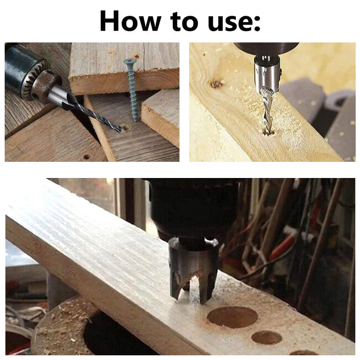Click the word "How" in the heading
click(130, 22)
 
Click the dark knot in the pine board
click(217, 84)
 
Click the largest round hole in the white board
click(232, 317)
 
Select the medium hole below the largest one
click(266, 337)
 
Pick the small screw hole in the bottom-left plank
click(86, 157)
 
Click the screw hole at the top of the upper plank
click(136, 56)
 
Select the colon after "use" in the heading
click(257, 24)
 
